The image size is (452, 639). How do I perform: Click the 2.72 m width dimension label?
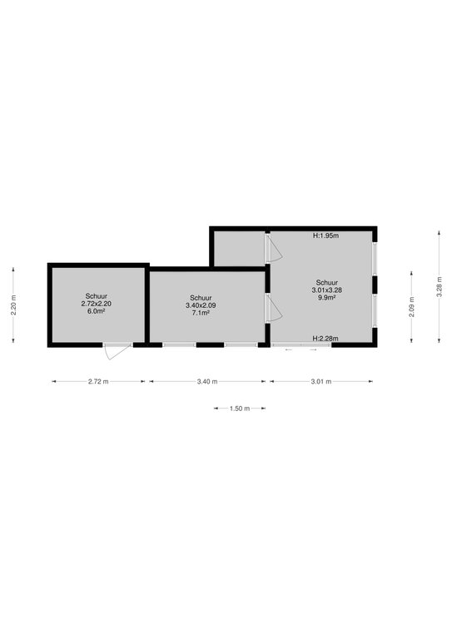click(x=98, y=381)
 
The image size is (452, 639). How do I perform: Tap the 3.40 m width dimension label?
click(x=207, y=381)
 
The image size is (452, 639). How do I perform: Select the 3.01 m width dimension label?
click(x=321, y=381)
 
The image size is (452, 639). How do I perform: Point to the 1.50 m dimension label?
click(x=240, y=409)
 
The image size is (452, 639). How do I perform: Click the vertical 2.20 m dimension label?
click(x=13, y=305)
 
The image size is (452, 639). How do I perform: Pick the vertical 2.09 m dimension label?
click(x=411, y=306)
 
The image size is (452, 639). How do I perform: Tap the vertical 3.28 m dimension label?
click(x=439, y=286)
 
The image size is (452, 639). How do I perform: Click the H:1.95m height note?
click(x=325, y=235)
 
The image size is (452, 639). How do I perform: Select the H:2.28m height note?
click(x=325, y=339)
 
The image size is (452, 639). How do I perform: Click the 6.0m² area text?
click(x=97, y=311)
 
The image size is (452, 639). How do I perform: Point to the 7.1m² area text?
click(x=201, y=313)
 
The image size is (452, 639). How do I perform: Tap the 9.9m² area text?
click(x=327, y=298)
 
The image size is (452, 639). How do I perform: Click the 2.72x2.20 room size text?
click(x=97, y=304)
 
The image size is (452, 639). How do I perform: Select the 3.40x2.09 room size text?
click(x=201, y=305)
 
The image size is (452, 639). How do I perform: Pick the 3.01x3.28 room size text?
click(x=327, y=290)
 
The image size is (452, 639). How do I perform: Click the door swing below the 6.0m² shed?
click(x=117, y=351)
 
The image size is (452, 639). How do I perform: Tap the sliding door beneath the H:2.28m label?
click(x=301, y=345)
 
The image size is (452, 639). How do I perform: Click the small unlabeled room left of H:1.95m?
click(x=240, y=248)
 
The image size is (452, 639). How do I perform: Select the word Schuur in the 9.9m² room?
click(x=327, y=282)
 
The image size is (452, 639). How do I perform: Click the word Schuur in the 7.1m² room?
click(x=201, y=298)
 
